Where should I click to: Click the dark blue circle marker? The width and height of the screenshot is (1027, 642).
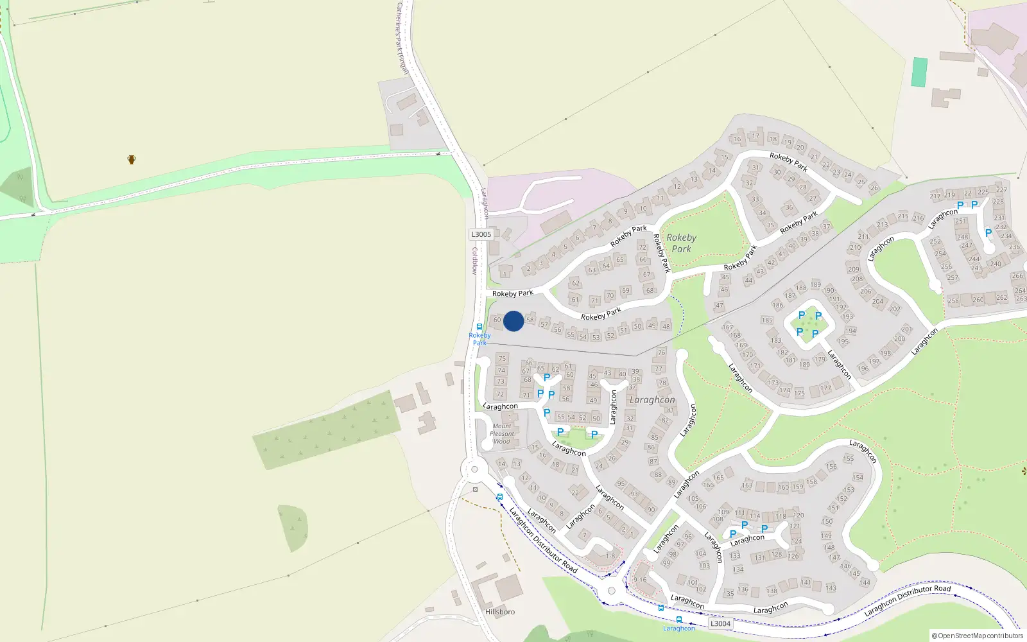pyautogui.click(x=513, y=321)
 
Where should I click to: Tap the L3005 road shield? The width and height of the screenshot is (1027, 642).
pyautogui.click(x=481, y=234)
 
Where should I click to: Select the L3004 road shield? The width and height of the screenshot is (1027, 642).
pyautogui.click(x=720, y=623)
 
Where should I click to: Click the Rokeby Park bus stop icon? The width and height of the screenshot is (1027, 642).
pyautogui.click(x=479, y=327)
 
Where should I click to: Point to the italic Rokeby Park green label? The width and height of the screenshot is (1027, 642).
pyautogui.click(x=681, y=243)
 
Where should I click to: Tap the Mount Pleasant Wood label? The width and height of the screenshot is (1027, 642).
pyautogui.click(x=502, y=434)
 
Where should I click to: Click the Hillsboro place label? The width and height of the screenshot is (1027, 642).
pyautogui.click(x=500, y=612)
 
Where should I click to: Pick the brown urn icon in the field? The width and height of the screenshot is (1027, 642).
pyautogui.click(x=132, y=159)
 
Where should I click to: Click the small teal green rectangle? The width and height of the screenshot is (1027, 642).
pyautogui.click(x=919, y=72)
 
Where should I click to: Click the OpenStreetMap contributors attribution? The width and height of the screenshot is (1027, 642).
pyautogui.click(x=978, y=636)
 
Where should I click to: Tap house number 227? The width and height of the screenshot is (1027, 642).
pyautogui.click(x=1001, y=190)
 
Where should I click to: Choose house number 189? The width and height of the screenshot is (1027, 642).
pyautogui.click(x=815, y=284)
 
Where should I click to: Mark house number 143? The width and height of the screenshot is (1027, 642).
pyautogui.click(x=831, y=588)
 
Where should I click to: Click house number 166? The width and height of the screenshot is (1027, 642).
pyautogui.click(x=708, y=485)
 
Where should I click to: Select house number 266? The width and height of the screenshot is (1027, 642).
pyautogui.click(x=1017, y=276)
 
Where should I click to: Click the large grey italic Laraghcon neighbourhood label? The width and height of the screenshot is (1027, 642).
pyautogui.click(x=652, y=400)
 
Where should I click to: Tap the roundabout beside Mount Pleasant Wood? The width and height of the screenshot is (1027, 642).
pyautogui.click(x=474, y=469)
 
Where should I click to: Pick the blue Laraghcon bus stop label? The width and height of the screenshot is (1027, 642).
pyautogui.click(x=678, y=629)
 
